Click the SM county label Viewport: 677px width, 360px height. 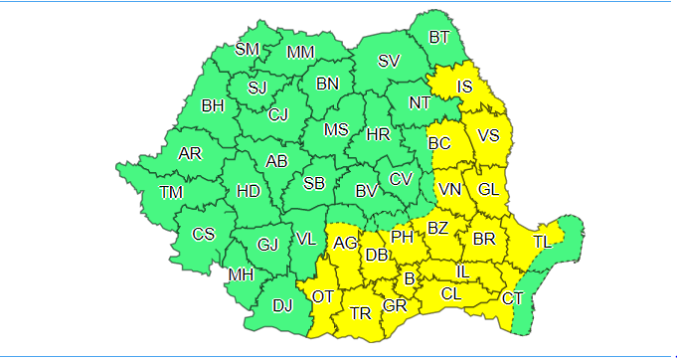(247, 50)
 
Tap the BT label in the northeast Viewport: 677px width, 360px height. (439, 39)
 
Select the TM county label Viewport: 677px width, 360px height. (171, 192)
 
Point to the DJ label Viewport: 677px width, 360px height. (282, 305)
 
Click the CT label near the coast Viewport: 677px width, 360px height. (513, 298)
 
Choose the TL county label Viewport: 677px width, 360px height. (545, 242)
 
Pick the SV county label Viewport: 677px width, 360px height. (389, 62)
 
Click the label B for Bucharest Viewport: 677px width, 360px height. (408, 278)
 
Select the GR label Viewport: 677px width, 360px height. (395, 305)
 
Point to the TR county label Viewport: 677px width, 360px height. (361, 314)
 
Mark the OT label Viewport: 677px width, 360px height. (323, 296)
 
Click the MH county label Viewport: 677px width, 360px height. (241, 274)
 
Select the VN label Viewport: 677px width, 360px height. (450, 189)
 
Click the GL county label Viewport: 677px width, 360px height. (488, 189)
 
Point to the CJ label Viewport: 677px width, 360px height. (278, 114)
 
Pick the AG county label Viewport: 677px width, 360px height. (346, 243)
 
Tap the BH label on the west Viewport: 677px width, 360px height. (213, 104)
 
